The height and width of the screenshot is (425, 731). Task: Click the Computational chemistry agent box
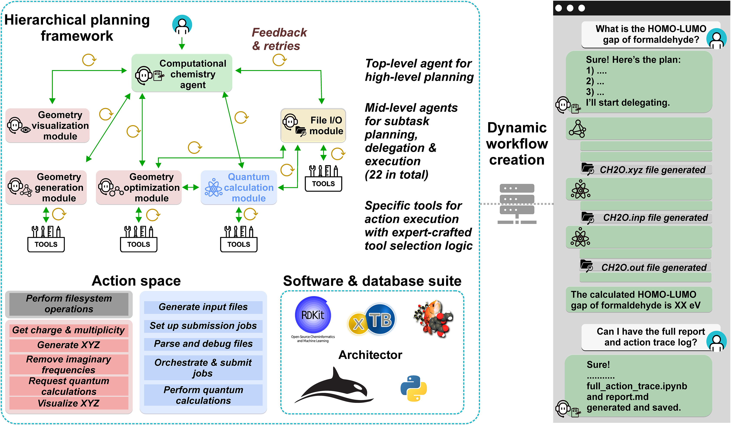tap(182, 73)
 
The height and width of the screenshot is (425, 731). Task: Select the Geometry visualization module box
tap(47, 125)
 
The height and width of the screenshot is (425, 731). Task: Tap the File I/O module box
tap(313, 125)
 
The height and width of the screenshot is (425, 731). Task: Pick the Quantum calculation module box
tap(239, 187)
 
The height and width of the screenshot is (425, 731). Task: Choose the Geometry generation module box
tap(46, 187)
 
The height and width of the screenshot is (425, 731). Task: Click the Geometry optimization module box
tap(139, 187)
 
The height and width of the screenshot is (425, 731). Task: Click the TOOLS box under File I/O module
tap(324, 179)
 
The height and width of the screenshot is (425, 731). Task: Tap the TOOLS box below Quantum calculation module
tap(239, 239)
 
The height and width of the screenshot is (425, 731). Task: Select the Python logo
tap(414, 388)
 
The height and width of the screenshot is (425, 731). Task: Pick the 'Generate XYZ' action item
tap(69, 345)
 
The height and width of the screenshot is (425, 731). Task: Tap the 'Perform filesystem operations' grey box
tap(69, 304)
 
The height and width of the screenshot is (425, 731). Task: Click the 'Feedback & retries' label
tap(279, 39)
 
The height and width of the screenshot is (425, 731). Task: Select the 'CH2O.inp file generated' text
tap(655, 218)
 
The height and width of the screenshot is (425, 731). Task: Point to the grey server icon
tap(517, 203)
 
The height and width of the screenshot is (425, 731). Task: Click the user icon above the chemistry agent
tap(182, 25)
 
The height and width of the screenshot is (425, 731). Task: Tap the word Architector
tap(370, 355)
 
